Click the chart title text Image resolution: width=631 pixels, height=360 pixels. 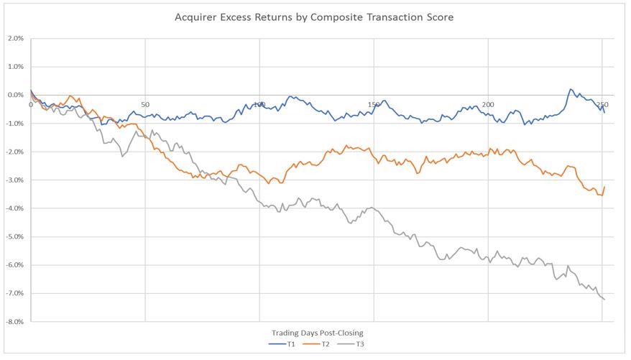click(314, 17)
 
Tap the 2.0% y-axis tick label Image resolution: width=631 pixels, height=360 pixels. click(15, 38)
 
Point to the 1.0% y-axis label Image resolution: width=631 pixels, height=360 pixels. click(15, 67)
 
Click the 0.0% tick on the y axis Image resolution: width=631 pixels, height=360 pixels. click(15, 95)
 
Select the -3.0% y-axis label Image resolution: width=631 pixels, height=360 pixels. click(14, 180)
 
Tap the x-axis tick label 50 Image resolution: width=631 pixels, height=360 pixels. click(145, 105)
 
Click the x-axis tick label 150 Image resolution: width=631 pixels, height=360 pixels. click(374, 105)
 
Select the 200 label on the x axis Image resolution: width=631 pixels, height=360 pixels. click(488, 105)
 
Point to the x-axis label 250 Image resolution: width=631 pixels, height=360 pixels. click(602, 105)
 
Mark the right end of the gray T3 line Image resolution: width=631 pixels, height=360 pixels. click(604, 300)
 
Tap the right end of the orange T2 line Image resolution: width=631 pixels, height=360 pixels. click(604, 187)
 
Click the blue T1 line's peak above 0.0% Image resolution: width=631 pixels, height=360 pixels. click(571, 89)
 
